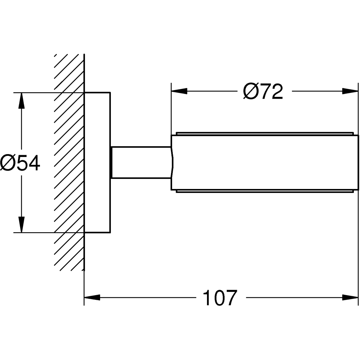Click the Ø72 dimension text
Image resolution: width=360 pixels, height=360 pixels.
(x=263, y=92)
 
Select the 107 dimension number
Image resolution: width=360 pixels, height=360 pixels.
(x=220, y=298)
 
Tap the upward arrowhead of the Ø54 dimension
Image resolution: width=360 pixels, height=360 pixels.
(x=22, y=101)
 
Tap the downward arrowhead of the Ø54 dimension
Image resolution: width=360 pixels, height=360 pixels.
(x=22, y=225)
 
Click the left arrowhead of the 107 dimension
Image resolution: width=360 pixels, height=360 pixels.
(x=92, y=298)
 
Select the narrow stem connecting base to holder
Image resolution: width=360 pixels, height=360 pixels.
(x=140, y=162)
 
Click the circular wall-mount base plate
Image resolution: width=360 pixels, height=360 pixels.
(x=97, y=162)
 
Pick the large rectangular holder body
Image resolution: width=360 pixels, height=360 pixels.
(x=265, y=162)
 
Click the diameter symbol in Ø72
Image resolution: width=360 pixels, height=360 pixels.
(x=250, y=92)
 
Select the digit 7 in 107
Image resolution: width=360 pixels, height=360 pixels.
(x=230, y=298)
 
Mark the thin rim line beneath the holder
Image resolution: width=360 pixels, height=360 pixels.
(x=265, y=192)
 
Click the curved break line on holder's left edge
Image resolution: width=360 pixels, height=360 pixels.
(x=172, y=162)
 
